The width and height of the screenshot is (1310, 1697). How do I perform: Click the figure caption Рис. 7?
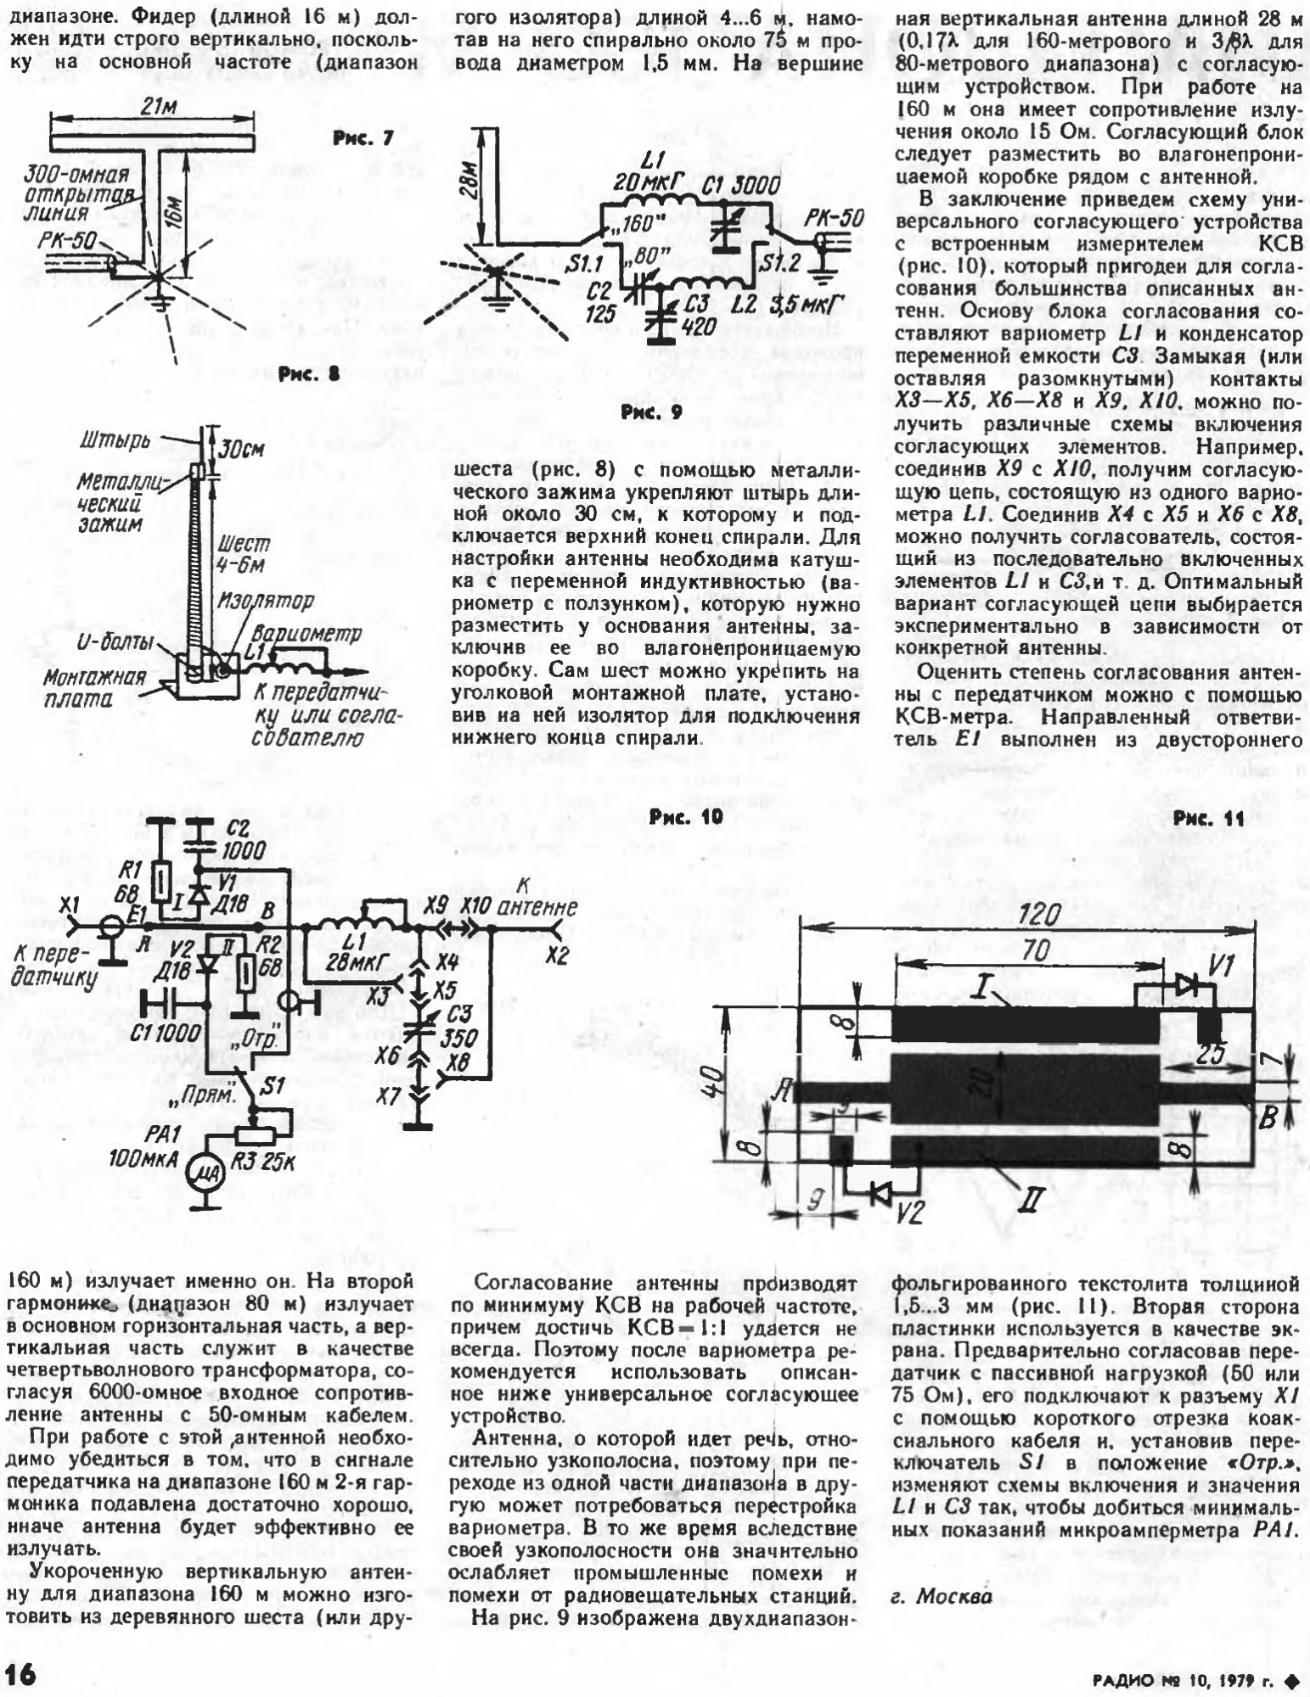tap(362, 138)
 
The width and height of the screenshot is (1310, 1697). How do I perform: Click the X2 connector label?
tap(556, 955)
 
